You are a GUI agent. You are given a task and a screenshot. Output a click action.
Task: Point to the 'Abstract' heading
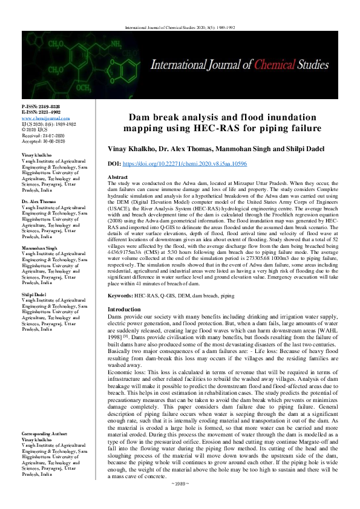tap(119, 177)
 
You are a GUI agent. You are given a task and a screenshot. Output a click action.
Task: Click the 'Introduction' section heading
tap(123, 309)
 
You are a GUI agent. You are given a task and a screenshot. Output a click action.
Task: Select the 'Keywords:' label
tap(120, 296)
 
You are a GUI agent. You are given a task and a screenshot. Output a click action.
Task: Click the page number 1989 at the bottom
tap(180, 501)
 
